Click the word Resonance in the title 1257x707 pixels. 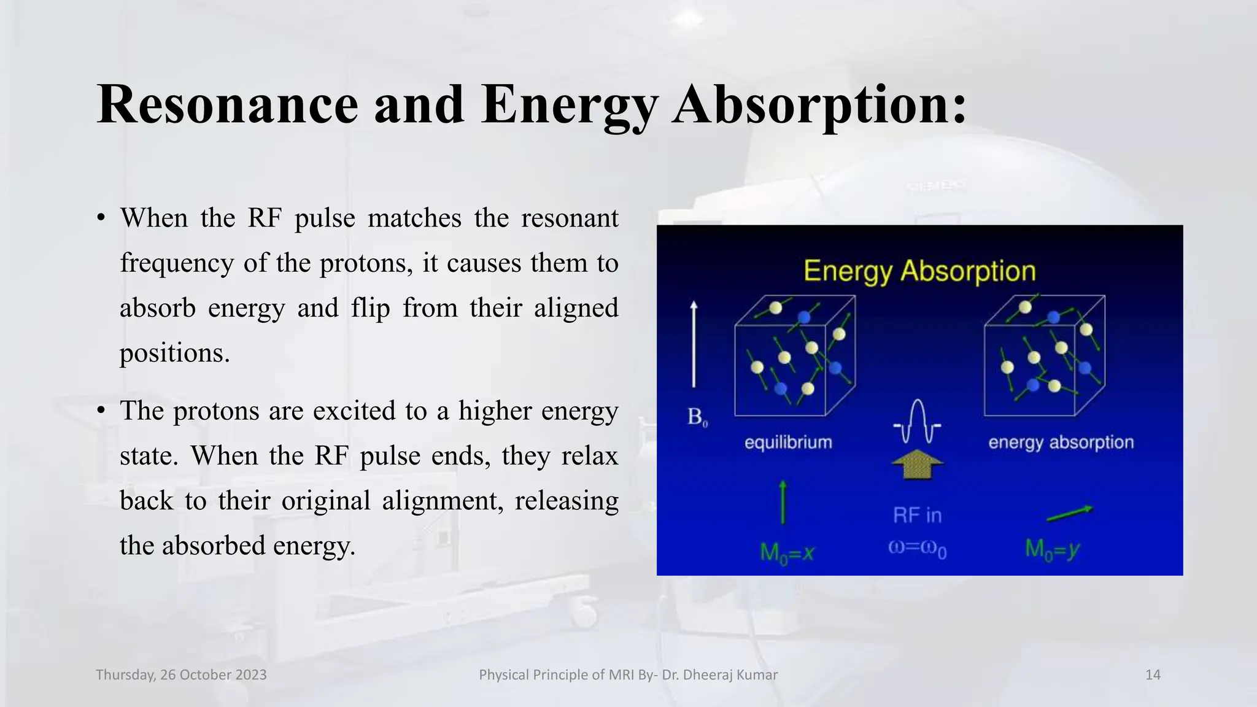pyautogui.click(x=227, y=104)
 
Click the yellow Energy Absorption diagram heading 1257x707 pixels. pyautogui.click(x=919, y=271)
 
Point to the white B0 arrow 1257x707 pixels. pyautogui.click(x=694, y=344)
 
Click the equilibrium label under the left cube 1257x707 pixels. pyautogui.click(x=788, y=442)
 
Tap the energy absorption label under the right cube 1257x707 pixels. pyautogui.click(x=1061, y=442)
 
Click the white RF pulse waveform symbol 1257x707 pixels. pyautogui.click(x=917, y=422)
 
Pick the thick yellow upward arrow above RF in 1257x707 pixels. pyautogui.click(x=917, y=464)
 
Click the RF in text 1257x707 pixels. pyautogui.click(x=917, y=516)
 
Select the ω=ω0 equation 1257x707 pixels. pyautogui.click(x=917, y=548)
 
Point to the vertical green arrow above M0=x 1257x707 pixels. pyautogui.click(x=783, y=502)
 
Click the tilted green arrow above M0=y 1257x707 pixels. pyautogui.click(x=1069, y=514)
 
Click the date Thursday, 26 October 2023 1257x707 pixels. pyautogui.click(x=181, y=675)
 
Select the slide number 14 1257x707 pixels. pyautogui.click(x=1153, y=675)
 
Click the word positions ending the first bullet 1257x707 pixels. pyautogui.click(x=174, y=353)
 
